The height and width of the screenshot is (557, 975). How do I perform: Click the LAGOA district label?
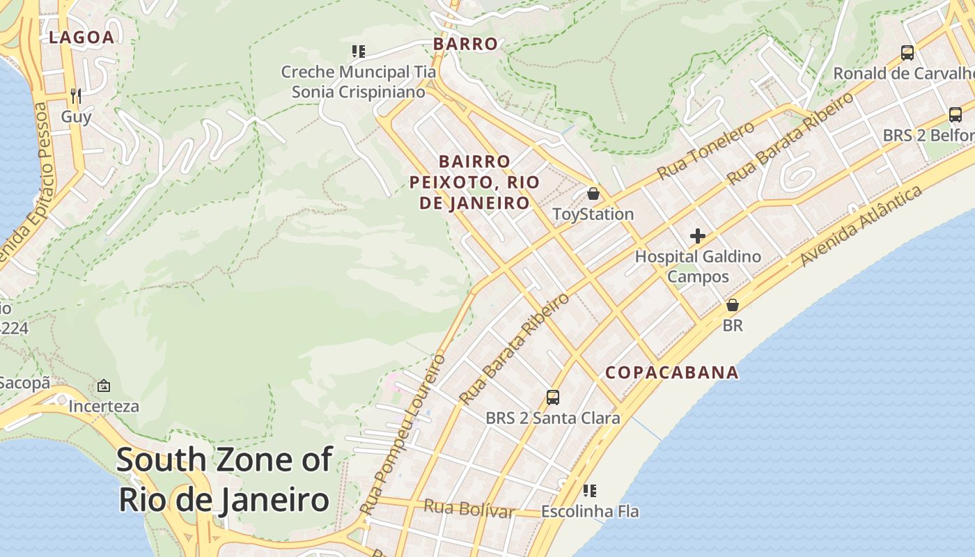point(81,38)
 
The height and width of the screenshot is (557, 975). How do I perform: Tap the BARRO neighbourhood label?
point(465,44)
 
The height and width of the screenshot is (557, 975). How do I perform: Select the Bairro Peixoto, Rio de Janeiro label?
point(474,182)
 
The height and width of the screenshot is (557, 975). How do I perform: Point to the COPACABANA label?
point(671,372)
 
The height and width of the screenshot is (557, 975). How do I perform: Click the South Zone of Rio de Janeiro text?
point(224,480)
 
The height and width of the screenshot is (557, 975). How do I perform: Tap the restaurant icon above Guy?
point(76,95)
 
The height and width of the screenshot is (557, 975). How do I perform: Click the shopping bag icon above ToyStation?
point(593,194)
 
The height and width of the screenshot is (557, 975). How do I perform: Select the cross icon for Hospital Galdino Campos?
point(698,236)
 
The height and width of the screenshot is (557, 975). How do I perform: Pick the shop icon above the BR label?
point(733,305)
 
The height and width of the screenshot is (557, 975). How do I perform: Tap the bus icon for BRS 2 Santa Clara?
point(553,398)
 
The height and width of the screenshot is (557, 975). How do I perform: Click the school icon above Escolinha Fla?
point(590,491)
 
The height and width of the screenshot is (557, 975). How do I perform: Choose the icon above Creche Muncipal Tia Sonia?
point(359,51)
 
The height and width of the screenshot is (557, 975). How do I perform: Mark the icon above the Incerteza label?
point(104,385)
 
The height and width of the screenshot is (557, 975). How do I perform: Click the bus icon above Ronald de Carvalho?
point(907,52)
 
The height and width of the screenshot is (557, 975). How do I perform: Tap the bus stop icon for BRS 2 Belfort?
point(955,115)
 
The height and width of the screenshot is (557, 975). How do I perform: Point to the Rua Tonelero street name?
point(705,150)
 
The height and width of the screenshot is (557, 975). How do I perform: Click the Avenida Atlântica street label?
point(861,226)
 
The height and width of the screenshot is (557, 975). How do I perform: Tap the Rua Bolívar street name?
point(469,508)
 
